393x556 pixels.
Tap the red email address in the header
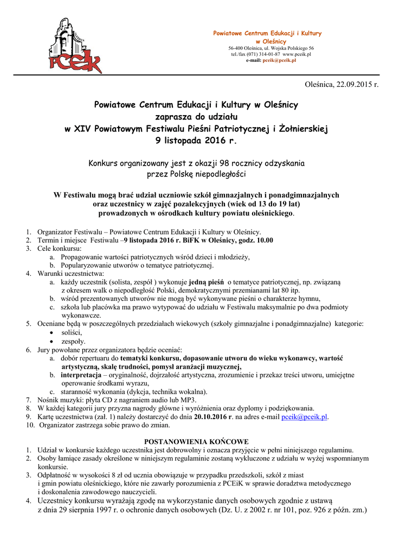point(279,60)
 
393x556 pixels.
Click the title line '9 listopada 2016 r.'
point(196,141)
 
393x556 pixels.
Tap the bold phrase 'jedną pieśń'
point(207,282)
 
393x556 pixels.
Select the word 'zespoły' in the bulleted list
point(74,341)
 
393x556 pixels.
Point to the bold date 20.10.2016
point(210,417)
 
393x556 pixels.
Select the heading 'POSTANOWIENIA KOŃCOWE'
point(196,441)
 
